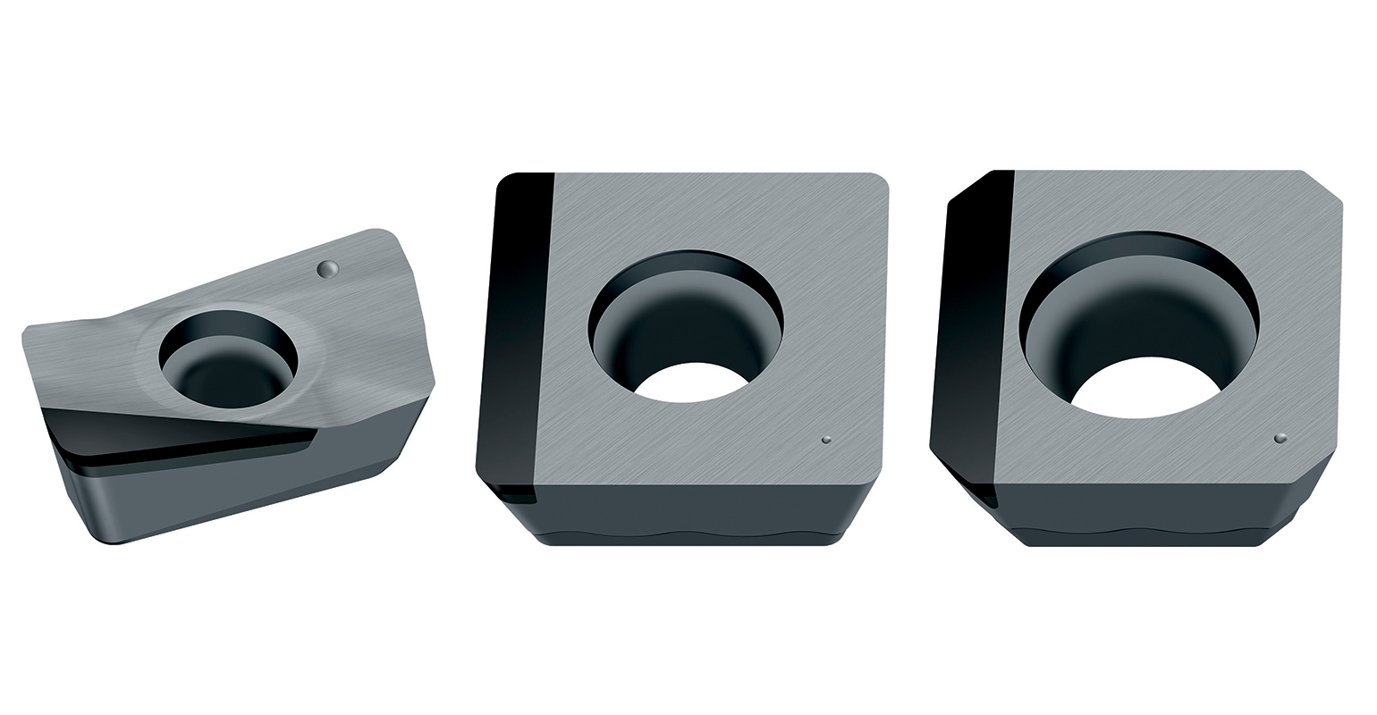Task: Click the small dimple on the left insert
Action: click(328, 267)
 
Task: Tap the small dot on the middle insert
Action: click(826, 439)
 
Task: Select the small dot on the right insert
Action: click(1280, 438)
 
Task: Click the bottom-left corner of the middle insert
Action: click(487, 487)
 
